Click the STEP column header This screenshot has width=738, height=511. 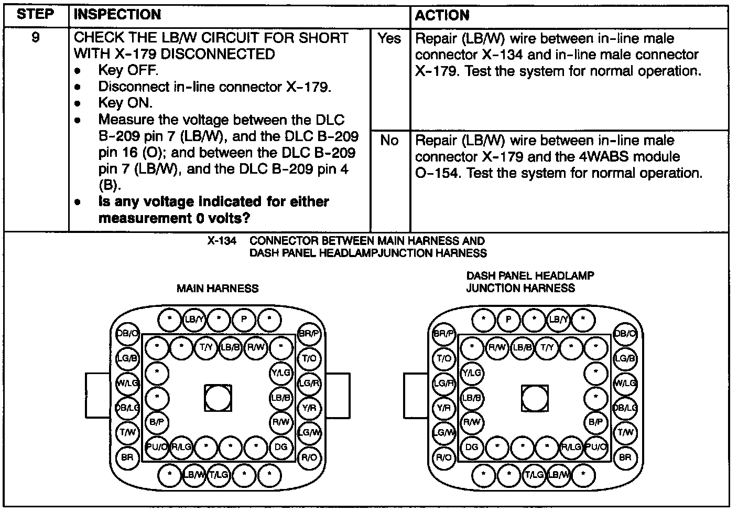(x=35, y=15)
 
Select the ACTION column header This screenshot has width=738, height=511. (x=442, y=15)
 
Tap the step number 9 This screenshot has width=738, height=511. (x=35, y=38)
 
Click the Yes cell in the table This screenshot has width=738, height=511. (x=389, y=38)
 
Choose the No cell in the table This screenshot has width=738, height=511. (x=389, y=141)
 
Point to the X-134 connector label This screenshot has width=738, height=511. (x=221, y=241)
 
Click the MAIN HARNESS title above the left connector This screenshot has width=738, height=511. (x=217, y=288)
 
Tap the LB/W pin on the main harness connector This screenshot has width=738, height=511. (x=193, y=475)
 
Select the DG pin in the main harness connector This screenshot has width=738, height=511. (x=281, y=447)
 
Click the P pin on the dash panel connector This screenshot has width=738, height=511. (x=508, y=319)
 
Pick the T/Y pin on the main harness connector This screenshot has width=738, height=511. (x=206, y=347)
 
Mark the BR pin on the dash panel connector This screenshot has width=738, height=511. (x=625, y=457)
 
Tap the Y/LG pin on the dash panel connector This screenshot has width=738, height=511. (x=472, y=373)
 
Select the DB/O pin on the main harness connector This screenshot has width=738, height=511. (x=127, y=334)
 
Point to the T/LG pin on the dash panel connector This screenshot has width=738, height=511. (x=534, y=475)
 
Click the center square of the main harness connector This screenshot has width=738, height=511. (x=218, y=398)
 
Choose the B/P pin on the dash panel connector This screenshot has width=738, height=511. (x=596, y=422)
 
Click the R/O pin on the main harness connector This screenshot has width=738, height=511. (x=309, y=457)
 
